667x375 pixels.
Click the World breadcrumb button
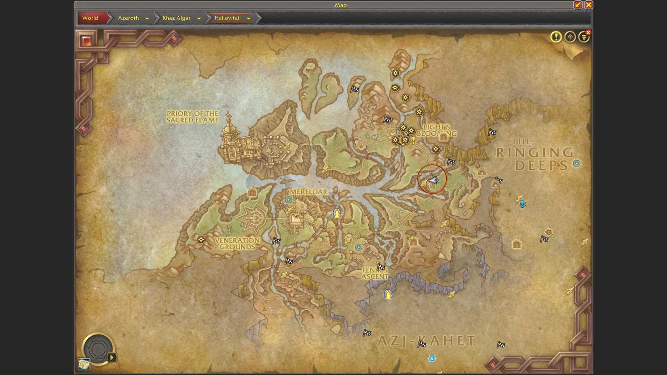click(x=91, y=18)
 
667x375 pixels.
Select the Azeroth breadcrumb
click(x=129, y=18)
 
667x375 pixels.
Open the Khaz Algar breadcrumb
click(x=177, y=18)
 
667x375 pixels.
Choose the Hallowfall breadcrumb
click(x=228, y=18)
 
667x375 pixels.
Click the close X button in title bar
click(x=589, y=5)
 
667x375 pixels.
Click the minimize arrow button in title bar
click(x=578, y=5)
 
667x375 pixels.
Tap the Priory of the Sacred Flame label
click(x=192, y=117)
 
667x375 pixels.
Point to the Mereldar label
click(x=308, y=192)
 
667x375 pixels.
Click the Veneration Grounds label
click(x=237, y=244)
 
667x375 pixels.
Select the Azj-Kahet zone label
click(x=426, y=341)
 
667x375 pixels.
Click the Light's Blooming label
click(x=437, y=130)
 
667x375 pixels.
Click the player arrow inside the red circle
click(x=433, y=180)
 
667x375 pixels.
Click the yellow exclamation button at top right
click(x=556, y=37)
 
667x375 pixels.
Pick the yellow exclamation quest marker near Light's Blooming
click(x=414, y=140)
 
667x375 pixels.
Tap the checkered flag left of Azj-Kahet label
click(x=367, y=333)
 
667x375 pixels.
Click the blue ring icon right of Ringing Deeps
click(x=576, y=163)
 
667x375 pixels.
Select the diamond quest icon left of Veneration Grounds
click(x=201, y=240)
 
